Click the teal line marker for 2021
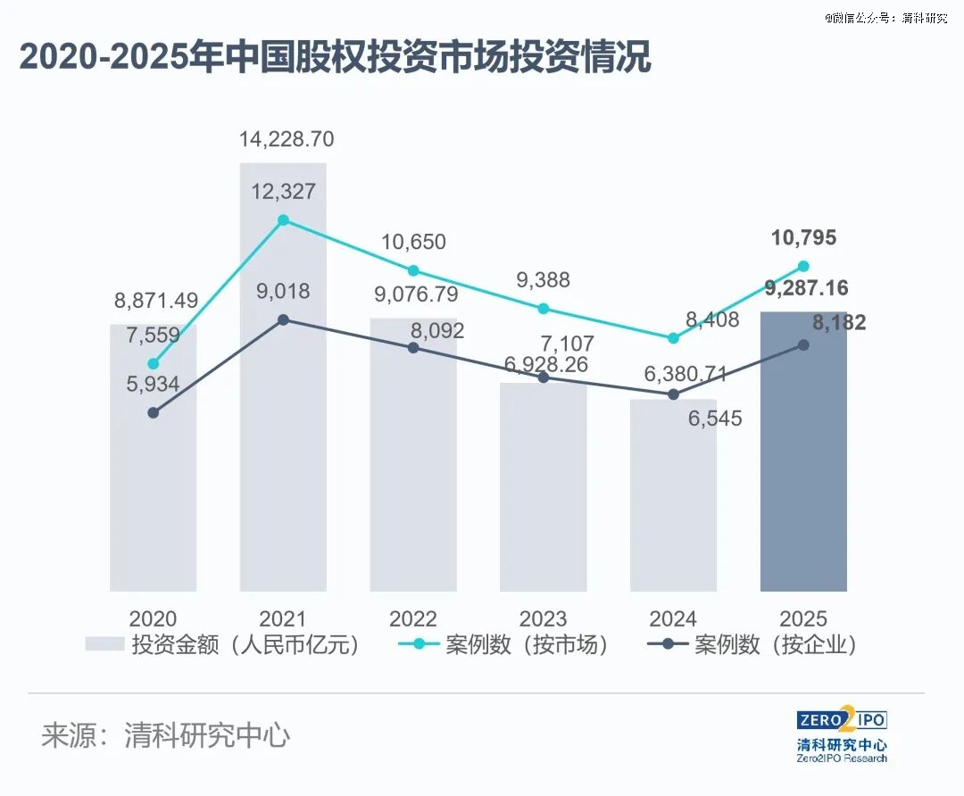pos(283,220)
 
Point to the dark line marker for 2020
pos(154,412)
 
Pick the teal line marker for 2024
pos(673,338)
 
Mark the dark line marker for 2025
pos(803,344)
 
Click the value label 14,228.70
pos(287,139)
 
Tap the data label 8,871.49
pos(155,302)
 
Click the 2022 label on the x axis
pos(413,618)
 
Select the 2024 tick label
pos(673,618)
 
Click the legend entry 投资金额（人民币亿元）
pos(223,645)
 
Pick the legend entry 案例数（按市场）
pos(501,645)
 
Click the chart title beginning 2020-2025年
pos(336,58)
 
